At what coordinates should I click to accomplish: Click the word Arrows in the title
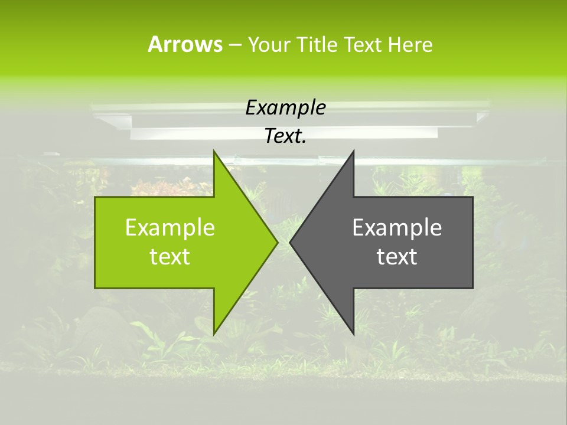(185, 44)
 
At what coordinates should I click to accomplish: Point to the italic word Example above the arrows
(285, 108)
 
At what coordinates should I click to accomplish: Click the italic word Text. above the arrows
(285, 136)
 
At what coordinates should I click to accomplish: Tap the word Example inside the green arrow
(170, 228)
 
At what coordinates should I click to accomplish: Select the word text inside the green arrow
(170, 257)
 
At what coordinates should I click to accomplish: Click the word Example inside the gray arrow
(397, 228)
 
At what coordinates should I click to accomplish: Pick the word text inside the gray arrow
(397, 257)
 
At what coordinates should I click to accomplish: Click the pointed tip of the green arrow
(277, 242)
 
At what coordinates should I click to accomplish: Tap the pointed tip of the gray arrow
(290, 242)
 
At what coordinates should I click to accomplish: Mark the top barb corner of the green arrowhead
(214, 151)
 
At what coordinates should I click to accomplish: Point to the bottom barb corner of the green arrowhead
(214, 334)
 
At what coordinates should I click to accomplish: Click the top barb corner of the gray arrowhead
(353, 151)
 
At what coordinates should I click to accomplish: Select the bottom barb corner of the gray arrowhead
(353, 334)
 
